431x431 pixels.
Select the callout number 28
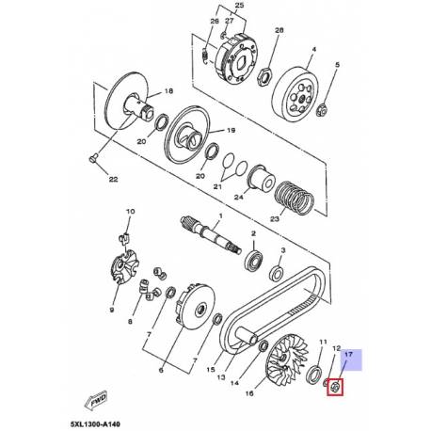coord(278,31)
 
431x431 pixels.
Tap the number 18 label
coord(169,91)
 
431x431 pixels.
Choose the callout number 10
coord(130,213)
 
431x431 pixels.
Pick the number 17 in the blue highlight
coord(349,355)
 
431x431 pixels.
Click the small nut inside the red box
coord(334,385)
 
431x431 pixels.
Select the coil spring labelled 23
coord(293,197)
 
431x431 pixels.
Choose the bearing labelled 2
coord(255,258)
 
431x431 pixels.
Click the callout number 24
coord(239,199)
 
